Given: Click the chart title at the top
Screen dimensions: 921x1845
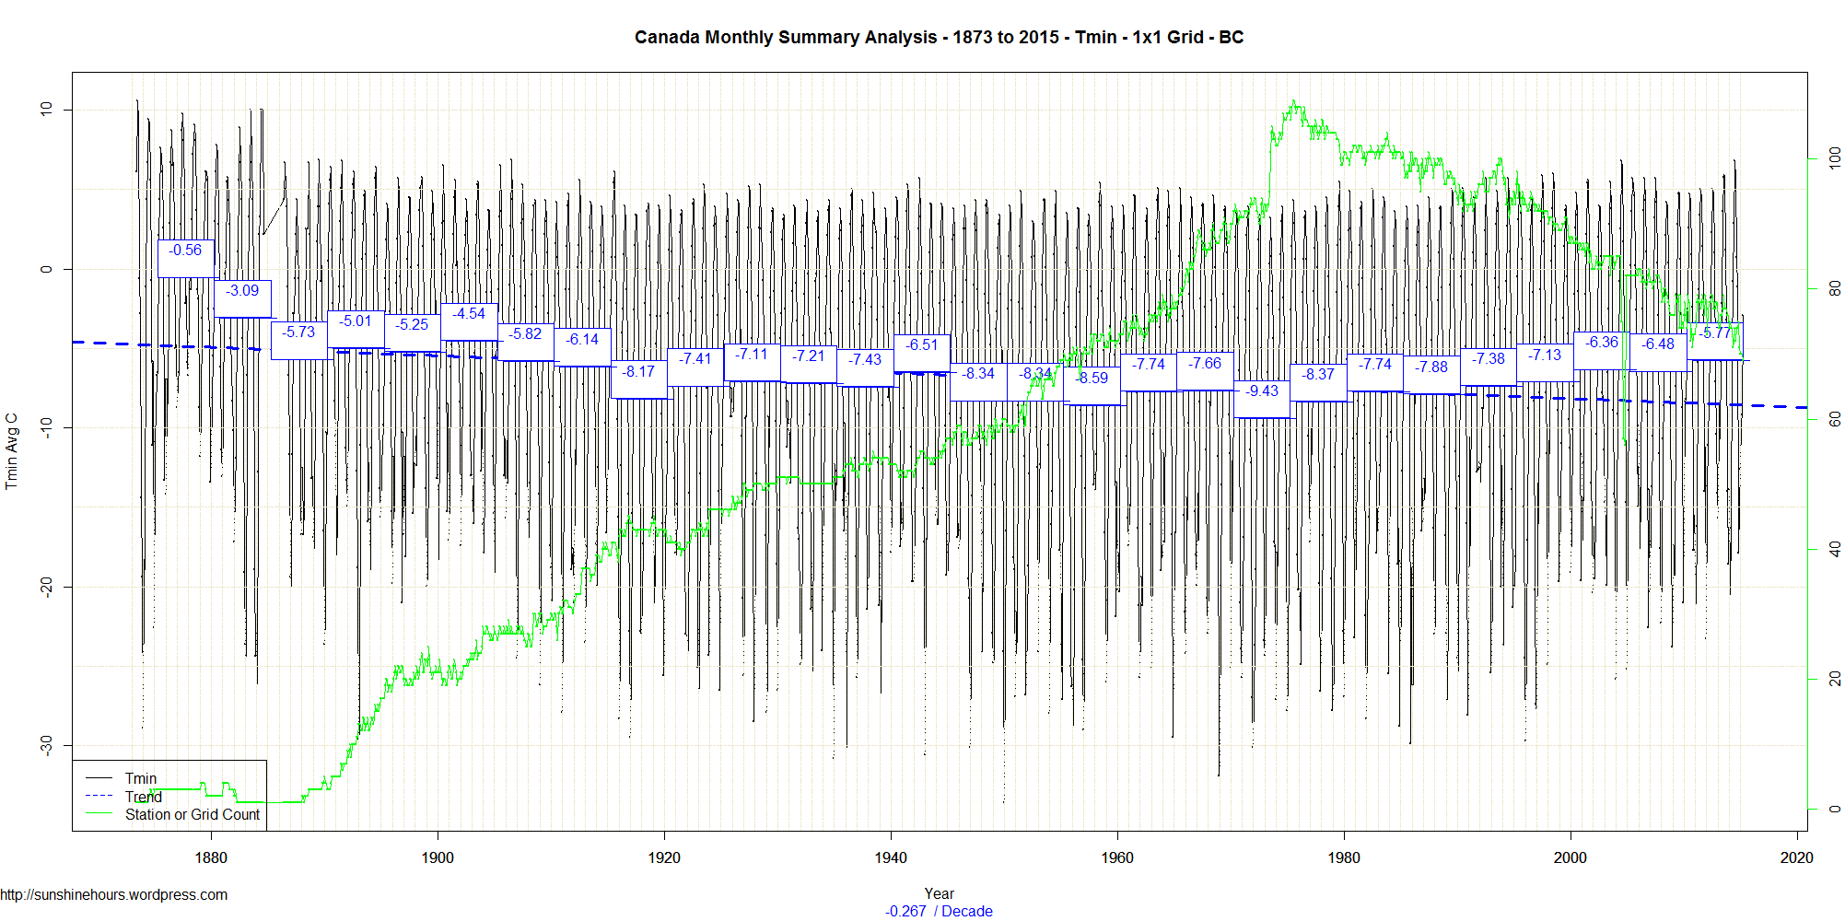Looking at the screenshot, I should coord(939,37).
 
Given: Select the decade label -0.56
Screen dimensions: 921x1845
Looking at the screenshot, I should coord(185,251).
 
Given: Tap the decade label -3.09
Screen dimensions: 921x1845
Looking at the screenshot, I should coord(242,291).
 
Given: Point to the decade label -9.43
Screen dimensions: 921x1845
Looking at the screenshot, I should coord(1262,391).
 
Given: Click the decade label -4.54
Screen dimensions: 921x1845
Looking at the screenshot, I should coord(469,314).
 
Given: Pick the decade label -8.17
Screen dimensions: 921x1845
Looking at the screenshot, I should coord(638,372).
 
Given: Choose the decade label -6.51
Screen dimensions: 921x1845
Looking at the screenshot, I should coord(921,345).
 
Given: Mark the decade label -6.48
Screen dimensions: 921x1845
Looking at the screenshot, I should coord(1658,344).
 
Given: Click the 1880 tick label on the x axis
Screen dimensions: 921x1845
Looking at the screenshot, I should coord(211,857).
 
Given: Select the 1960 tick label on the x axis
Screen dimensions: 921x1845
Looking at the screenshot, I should coord(1117,857).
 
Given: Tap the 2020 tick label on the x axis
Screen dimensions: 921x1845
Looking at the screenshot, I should coord(1796,857).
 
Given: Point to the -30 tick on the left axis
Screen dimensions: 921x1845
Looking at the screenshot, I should coord(46,745).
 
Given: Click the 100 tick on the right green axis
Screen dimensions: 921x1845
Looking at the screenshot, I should coord(1834,157).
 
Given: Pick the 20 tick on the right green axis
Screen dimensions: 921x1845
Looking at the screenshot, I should coord(1834,679).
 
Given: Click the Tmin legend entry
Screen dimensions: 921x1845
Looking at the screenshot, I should coord(140,779).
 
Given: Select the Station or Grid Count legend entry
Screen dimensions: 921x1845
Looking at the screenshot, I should coord(192,815).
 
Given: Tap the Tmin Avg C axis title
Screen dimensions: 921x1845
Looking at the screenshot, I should coord(12,451).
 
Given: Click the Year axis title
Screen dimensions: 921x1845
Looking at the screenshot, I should coord(939,893).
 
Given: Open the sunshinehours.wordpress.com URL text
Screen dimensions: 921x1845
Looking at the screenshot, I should coord(114,895).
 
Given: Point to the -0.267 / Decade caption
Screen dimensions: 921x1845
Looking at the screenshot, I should coord(939,911).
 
